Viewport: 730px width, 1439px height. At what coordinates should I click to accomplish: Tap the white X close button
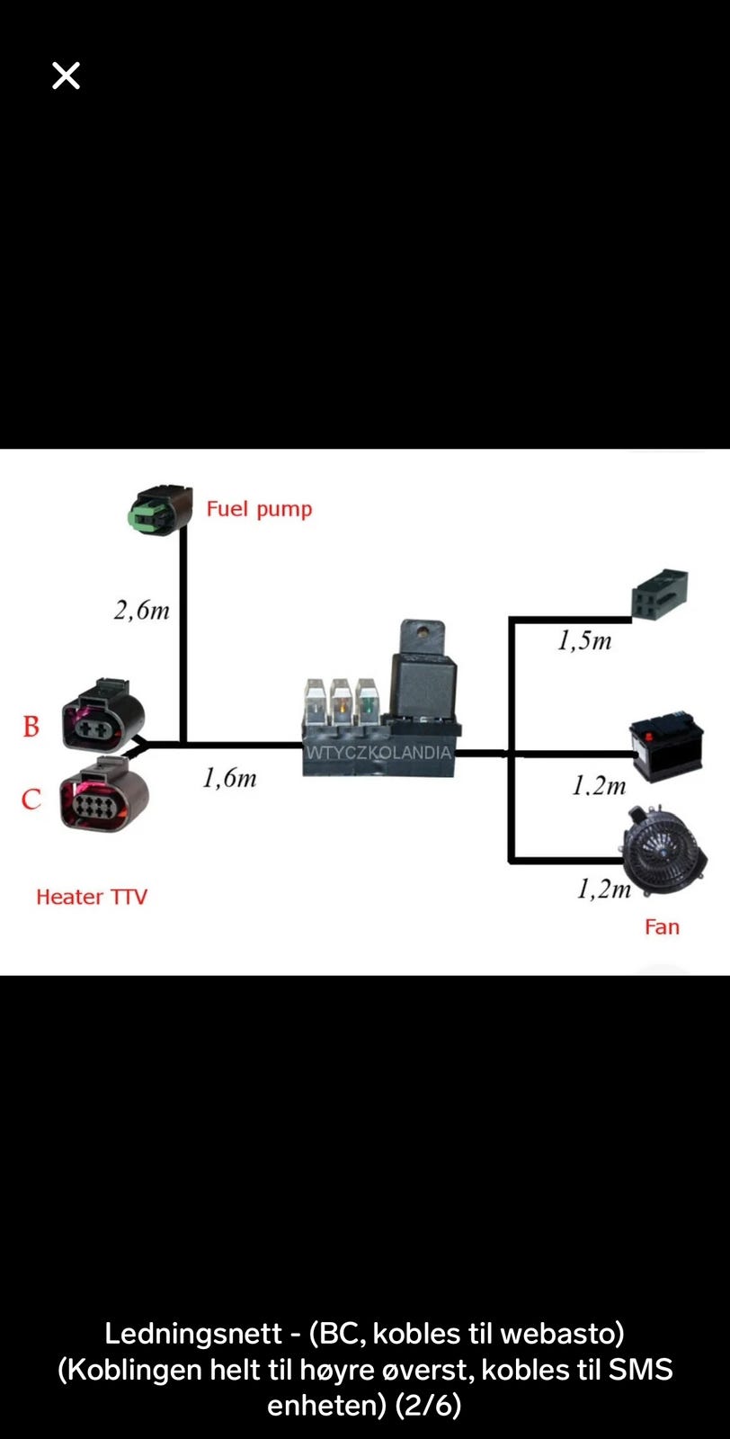[x=67, y=76]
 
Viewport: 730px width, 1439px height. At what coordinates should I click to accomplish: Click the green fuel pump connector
[x=161, y=510]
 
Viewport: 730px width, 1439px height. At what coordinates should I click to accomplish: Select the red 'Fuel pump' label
[x=260, y=509]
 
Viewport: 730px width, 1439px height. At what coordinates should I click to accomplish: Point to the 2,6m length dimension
[x=142, y=611]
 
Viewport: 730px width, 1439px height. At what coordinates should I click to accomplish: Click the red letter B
[x=31, y=727]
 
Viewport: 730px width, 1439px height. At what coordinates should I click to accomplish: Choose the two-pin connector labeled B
[x=103, y=715]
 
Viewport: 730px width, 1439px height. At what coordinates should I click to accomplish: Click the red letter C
[x=31, y=800]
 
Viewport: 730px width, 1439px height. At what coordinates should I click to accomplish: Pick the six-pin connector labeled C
[x=104, y=794]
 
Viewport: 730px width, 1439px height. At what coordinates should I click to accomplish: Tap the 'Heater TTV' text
[x=92, y=897]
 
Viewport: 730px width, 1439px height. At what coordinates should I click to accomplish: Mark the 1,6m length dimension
[x=230, y=778]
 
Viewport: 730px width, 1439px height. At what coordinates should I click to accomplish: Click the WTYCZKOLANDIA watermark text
[x=378, y=752]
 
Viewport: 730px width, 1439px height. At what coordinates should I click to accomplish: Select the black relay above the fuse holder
[x=423, y=668]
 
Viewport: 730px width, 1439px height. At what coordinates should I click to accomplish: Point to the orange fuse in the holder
[x=343, y=701]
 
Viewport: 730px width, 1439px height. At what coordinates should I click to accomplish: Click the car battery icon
[x=666, y=746]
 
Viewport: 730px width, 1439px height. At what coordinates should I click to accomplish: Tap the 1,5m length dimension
[x=584, y=640]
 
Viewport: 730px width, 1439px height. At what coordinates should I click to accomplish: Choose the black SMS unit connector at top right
[x=660, y=594]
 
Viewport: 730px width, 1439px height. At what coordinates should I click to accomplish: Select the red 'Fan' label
[x=662, y=927]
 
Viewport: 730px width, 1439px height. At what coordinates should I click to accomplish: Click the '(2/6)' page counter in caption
[x=428, y=1406]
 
